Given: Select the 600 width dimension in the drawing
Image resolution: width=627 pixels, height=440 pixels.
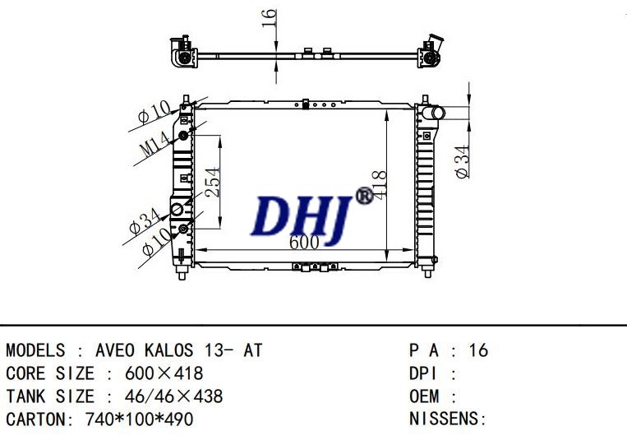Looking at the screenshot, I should (x=304, y=242).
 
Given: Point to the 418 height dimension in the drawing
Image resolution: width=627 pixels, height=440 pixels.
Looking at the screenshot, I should (x=379, y=188).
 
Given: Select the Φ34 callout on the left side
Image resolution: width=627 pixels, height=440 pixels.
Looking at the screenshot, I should (x=144, y=220).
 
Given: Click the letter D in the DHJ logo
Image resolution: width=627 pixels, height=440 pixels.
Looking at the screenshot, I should (x=272, y=215).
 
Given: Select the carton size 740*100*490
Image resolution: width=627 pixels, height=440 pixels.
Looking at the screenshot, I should (x=139, y=419).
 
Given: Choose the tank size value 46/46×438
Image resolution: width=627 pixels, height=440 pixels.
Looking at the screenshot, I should (x=173, y=396).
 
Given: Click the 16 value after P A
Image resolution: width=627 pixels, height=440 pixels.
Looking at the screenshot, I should (x=478, y=350).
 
